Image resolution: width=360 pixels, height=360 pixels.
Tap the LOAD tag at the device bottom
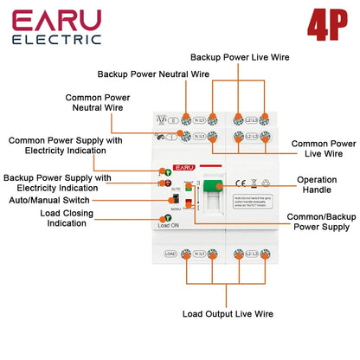pos(170,254)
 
